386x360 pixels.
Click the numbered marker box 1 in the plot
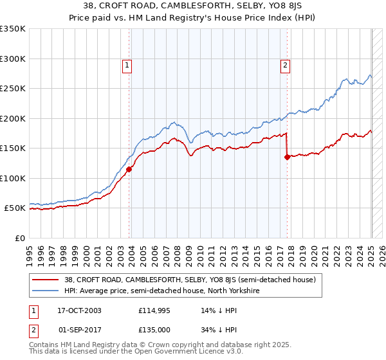click(x=127, y=64)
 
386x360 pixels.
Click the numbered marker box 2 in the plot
click(x=284, y=64)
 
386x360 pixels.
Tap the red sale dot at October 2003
click(x=129, y=170)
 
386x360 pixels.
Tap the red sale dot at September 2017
click(x=287, y=157)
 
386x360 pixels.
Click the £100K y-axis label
click(x=13, y=178)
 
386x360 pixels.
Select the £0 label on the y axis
click(x=20, y=238)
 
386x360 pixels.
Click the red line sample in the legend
click(x=47, y=280)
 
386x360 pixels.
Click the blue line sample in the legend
click(x=47, y=291)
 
